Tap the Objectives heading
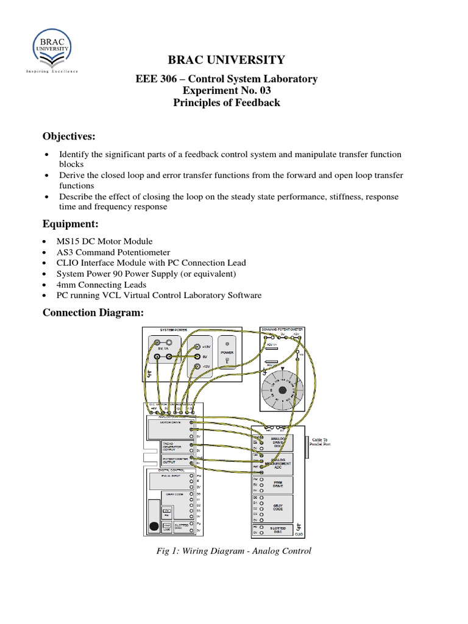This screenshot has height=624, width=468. click(69, 135)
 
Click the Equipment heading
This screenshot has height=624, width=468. click(67, 224)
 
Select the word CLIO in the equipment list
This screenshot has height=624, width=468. click(69, 263)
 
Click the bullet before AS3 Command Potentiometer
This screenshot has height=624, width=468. click(46, 252)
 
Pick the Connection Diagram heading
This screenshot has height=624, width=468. click(93, 313)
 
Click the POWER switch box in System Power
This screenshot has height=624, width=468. click(227, 356)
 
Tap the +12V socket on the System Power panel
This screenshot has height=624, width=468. click(197, 347)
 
